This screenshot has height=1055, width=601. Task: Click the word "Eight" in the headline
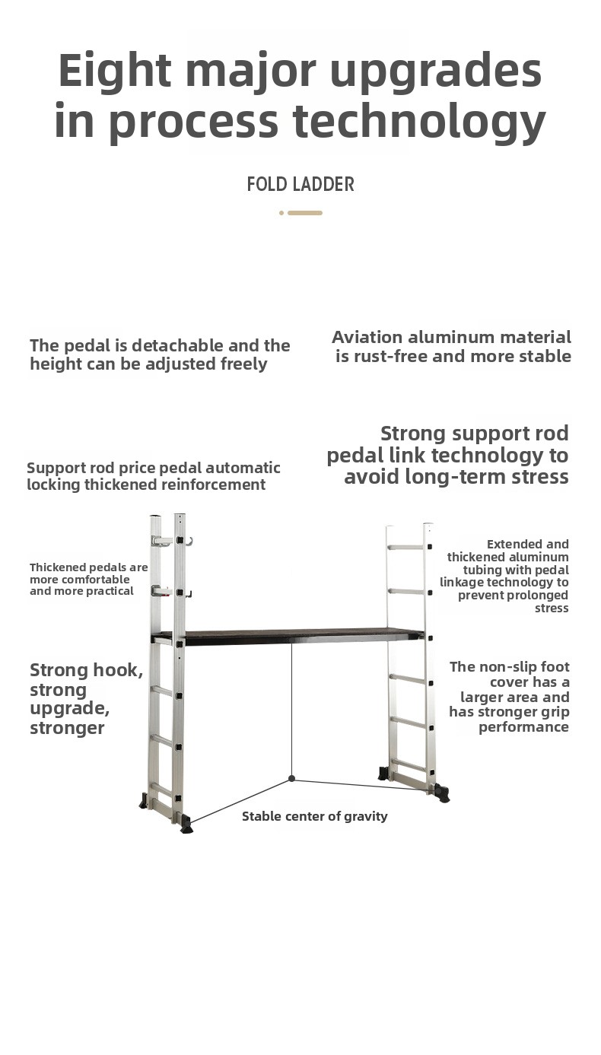(x=114, y=71)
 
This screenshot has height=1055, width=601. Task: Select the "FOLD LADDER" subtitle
(x=300, y=184)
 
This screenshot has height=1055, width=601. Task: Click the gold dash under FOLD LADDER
(x=305, y=213)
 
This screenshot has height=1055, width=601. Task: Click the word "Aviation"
(x=367, y=337)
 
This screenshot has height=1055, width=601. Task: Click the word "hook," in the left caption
(x=118, y=669)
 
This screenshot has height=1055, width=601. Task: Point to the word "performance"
(x=523, y=727)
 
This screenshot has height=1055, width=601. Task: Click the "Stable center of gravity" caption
(x=315, y=816)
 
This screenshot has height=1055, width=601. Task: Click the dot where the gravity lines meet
(x=291, y=779)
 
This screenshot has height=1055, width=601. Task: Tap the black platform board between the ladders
(x=301, y=635)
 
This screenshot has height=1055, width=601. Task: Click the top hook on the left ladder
(x=189, y=542)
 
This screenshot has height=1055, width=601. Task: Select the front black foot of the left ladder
(x=186, y=823)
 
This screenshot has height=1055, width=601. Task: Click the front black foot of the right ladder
(x=443, y=793)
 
